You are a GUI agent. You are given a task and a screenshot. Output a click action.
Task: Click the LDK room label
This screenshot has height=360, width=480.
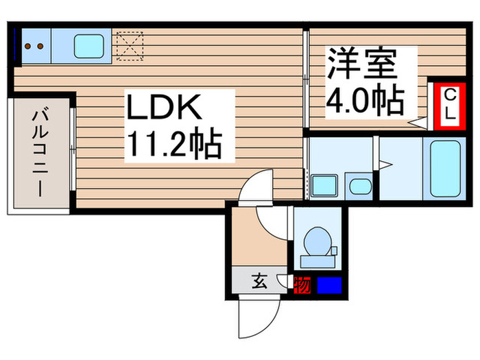(x=163, y=108)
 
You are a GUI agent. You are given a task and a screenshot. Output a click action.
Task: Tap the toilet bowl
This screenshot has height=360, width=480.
(x=317, y=243)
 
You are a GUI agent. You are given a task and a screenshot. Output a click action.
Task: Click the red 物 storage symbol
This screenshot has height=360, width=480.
(x=301, y=283)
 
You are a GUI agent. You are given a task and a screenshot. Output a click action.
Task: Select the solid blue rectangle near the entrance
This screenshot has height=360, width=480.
(x=328, y=283)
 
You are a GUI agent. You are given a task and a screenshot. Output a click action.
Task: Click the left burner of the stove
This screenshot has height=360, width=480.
(x=29, y=47)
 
